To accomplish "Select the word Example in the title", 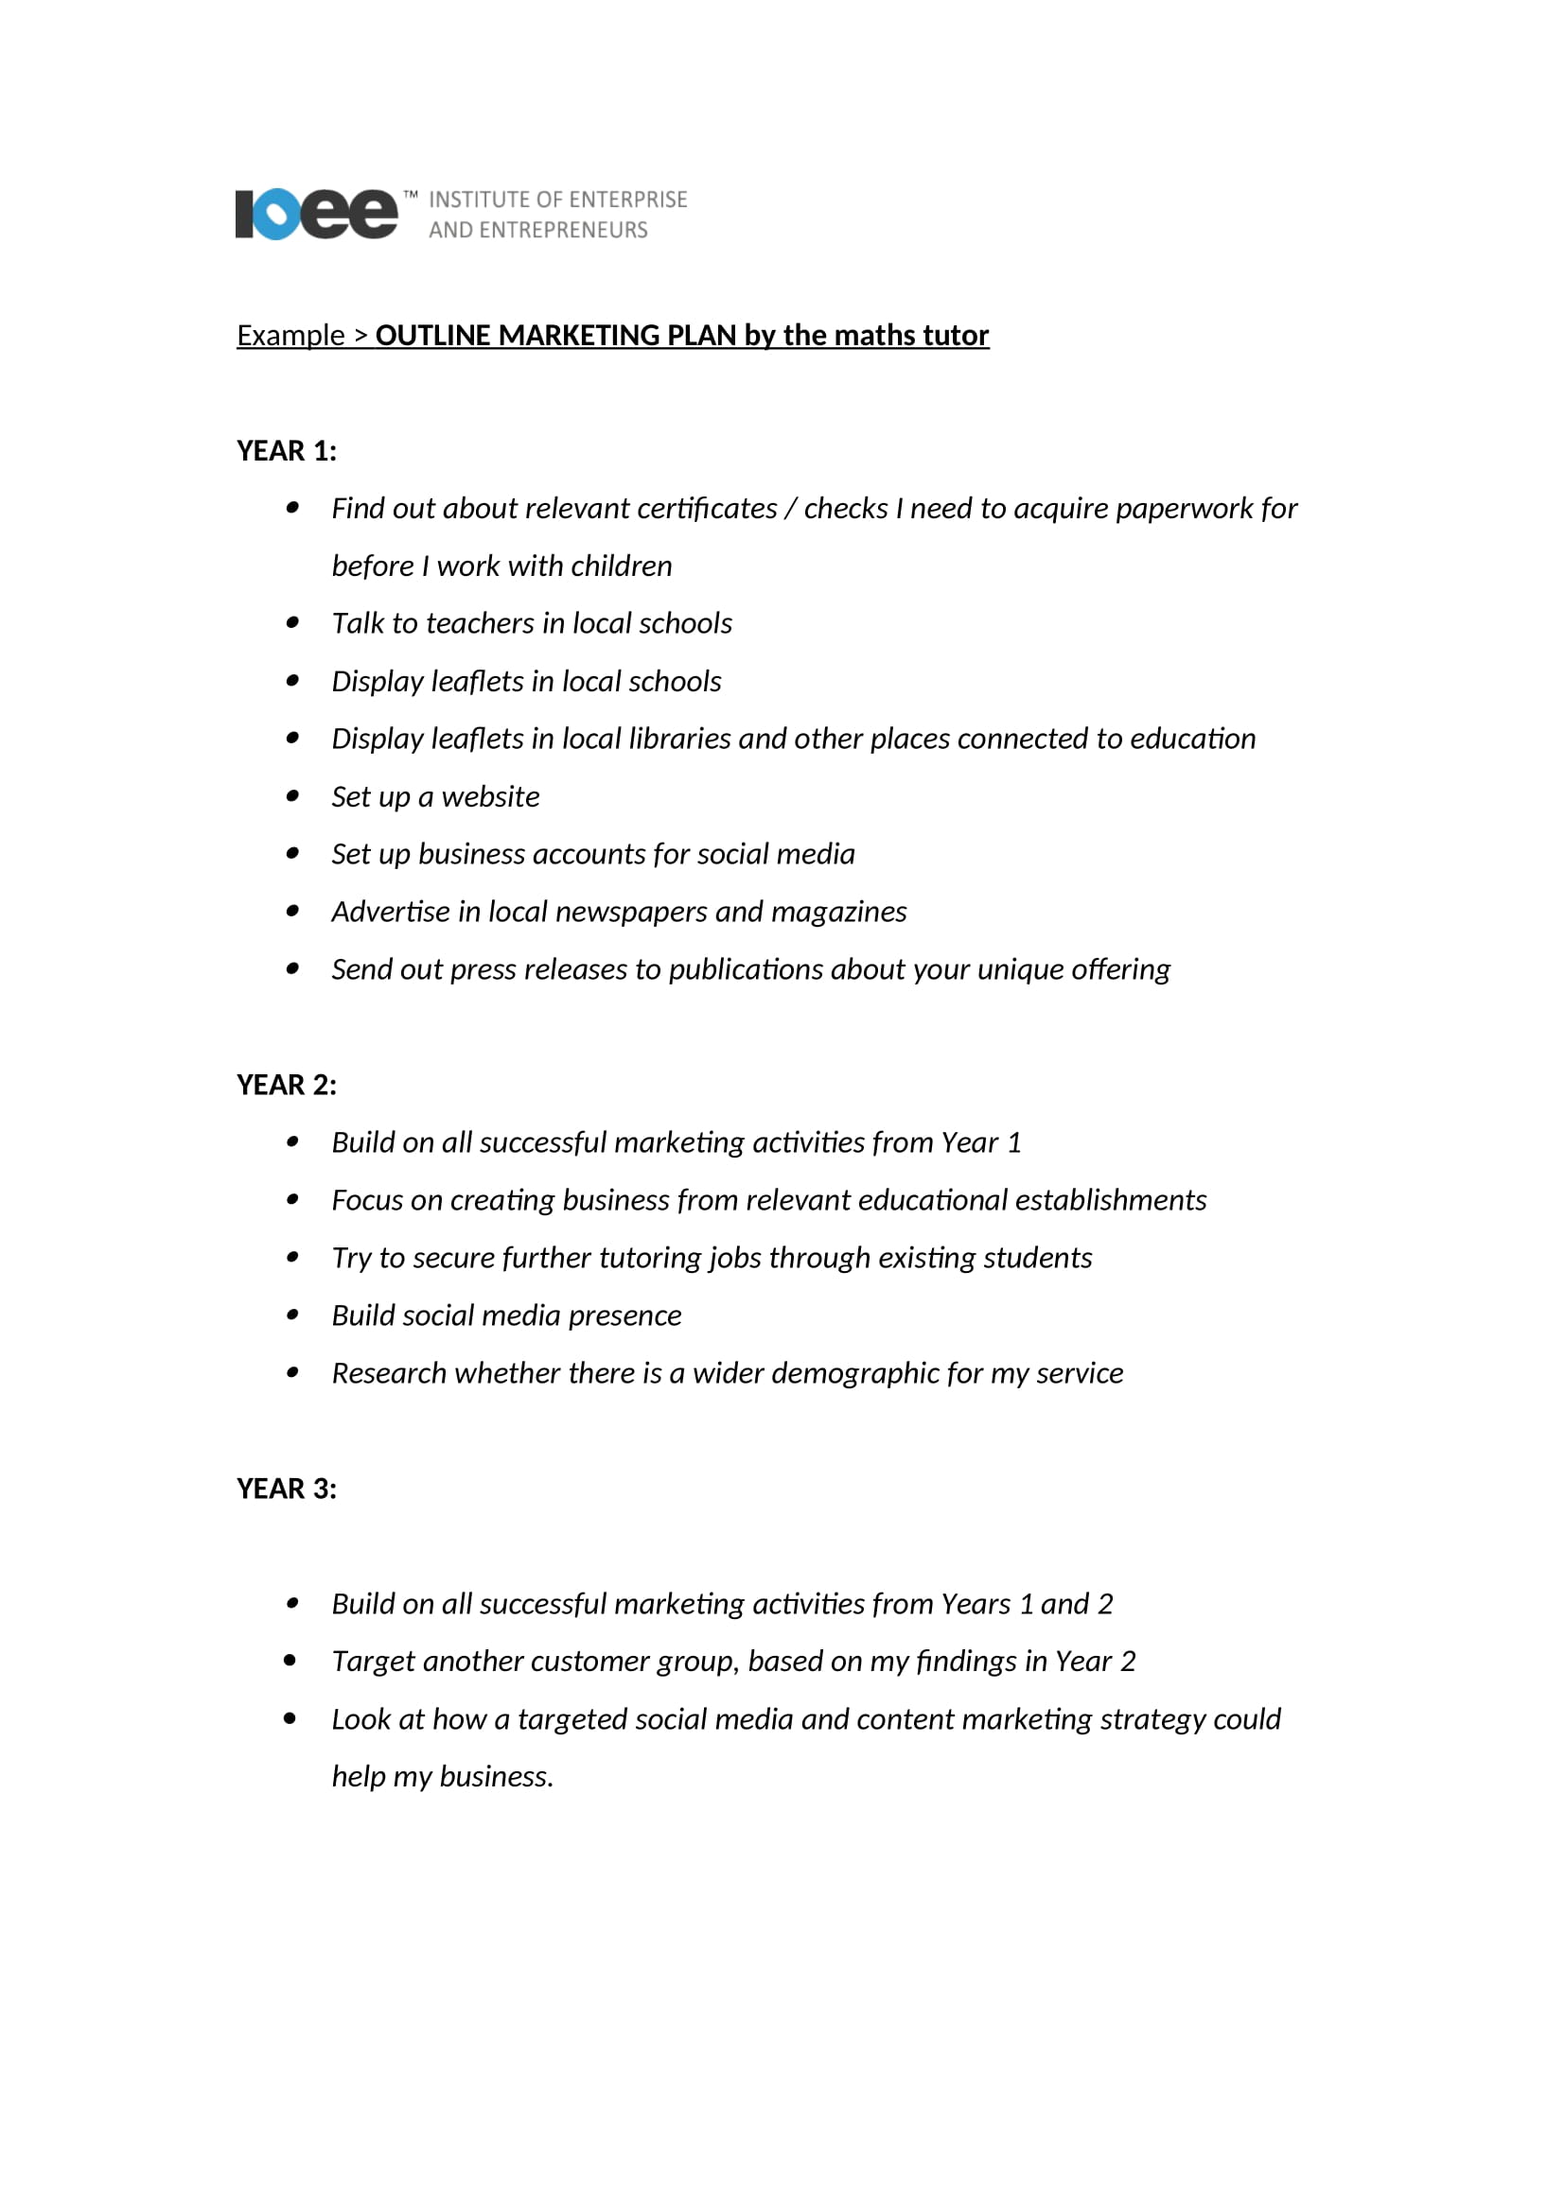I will pos(290,336).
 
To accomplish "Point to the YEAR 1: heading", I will pos(286,451).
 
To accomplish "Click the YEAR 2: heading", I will pos(286,1085).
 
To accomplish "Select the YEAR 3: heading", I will pos(286,1489).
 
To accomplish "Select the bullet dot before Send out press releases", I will pos(292,968).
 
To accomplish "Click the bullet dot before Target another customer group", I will pos(290,1660).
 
